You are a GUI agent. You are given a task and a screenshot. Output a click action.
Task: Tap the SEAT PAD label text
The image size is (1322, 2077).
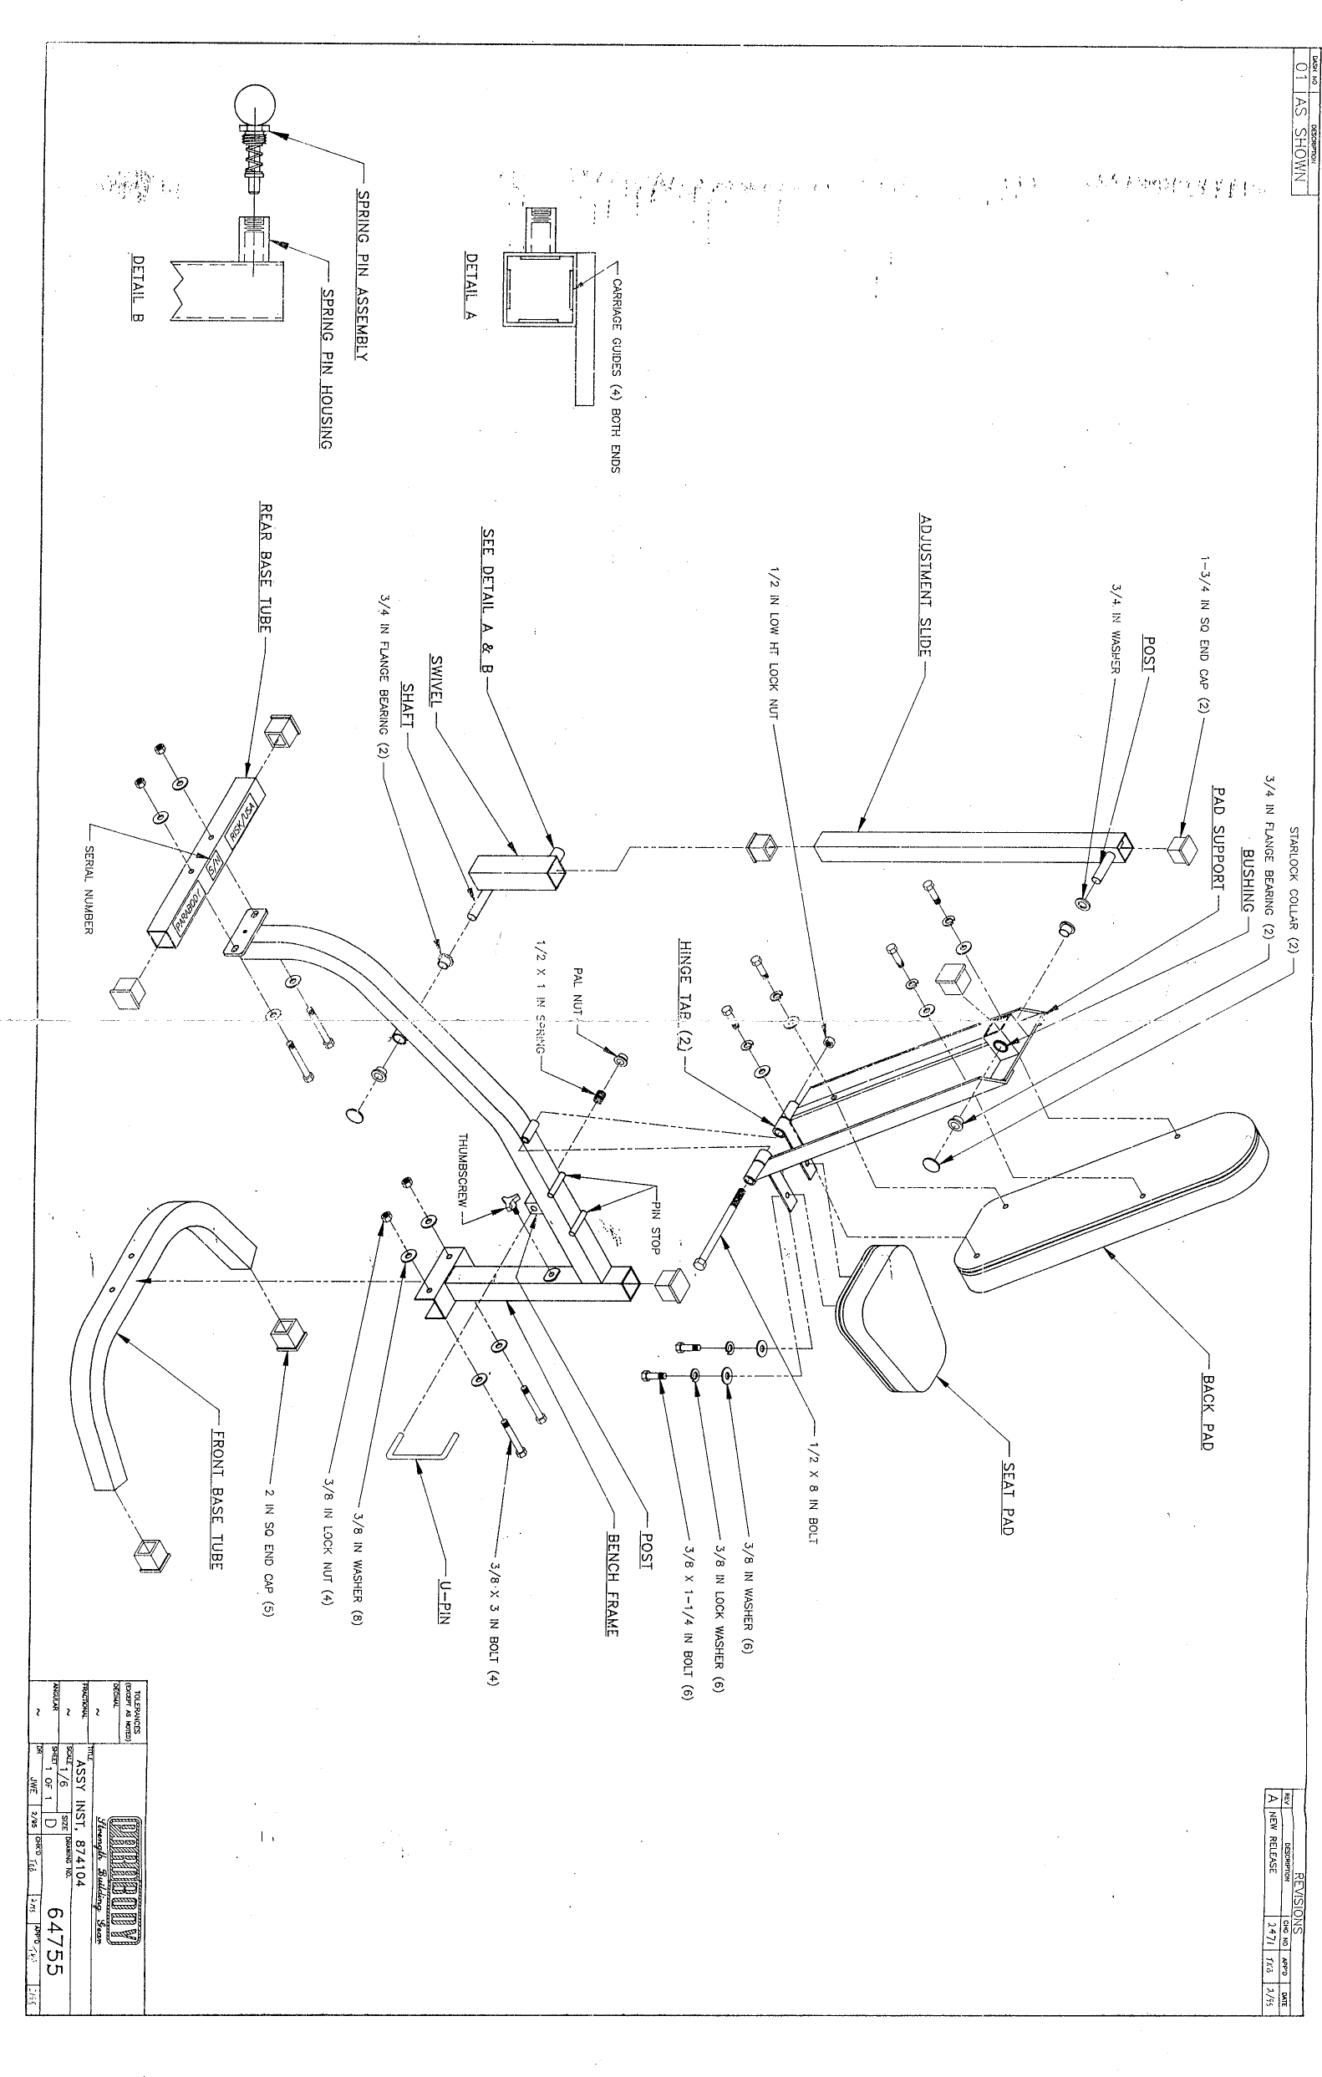click(x=1008, y=1497)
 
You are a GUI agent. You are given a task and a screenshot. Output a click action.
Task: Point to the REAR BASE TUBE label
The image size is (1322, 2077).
click(x=267, y=568)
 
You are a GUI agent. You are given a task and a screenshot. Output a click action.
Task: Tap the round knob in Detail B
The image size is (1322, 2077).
click(x=255, y=108)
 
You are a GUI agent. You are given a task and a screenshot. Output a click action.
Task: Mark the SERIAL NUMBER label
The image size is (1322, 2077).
click(x=88, y=889)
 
